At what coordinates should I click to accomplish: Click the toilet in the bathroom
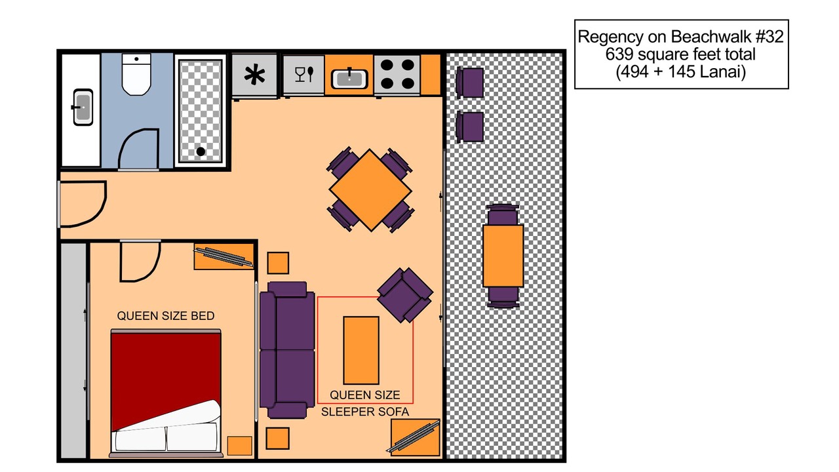click(136, 74)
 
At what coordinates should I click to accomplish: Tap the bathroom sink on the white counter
click(83, 107)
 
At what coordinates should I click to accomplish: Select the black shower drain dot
click(201, 151)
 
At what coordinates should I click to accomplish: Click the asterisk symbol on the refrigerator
click(254, 75)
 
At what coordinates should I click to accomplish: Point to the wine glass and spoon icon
click(304, 74)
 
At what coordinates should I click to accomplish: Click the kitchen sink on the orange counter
click(349, 79)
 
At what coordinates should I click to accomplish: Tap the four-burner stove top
click(397, 74)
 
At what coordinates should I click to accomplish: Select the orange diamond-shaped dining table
click(370, 190)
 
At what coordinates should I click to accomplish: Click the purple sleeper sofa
click(287, 350)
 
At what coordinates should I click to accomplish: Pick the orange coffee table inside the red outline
click(361, 350)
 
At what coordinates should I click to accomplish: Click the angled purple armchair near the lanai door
click(405, 295)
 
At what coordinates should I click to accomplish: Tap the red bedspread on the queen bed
click(165, 378)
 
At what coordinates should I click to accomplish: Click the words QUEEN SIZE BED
click(166, 316)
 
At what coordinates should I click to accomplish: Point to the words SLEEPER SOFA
click(365, 412)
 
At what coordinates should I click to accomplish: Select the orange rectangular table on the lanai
click(503, 256)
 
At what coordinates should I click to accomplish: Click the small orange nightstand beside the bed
click(239, 446)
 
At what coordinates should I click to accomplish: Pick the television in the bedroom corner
click(224, 257)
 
